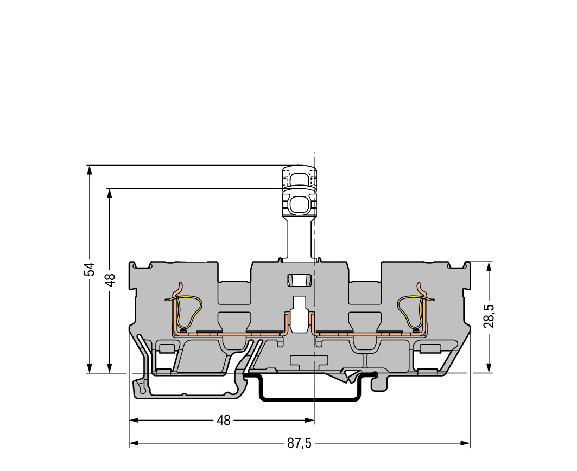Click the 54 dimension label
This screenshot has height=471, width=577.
(90, 269)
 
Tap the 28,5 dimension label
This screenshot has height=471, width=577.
(489, 316)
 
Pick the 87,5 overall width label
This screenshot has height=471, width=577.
(299, 443)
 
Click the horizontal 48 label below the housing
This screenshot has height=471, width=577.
(224, 420)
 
